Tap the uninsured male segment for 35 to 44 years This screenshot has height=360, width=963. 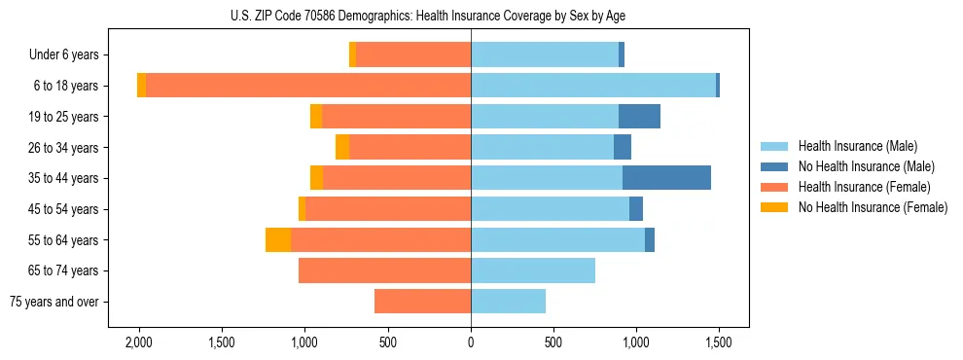click(666, 178)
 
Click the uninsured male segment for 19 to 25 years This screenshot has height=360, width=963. click(639, 117)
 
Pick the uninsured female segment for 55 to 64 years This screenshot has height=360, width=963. click(278, 240)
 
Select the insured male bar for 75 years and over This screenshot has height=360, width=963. click(508, 302)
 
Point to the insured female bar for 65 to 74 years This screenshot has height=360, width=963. click(384, 270)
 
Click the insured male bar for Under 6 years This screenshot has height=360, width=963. click(545, 54)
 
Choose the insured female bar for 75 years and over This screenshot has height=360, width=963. click(422, 302)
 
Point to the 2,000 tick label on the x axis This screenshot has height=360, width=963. click(138, 342)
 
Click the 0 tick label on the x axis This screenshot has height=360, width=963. click(471, 342)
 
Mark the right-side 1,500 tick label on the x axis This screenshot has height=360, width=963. click(719, 342)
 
